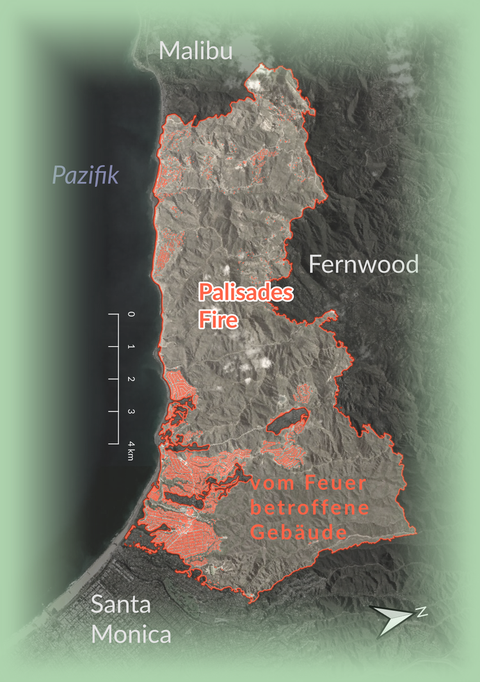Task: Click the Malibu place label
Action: pyautogui.click(x=196, y=51)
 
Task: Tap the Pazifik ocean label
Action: pyautogui.click(x=86, y=174)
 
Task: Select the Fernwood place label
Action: pyautogui.click(x=363, y=264)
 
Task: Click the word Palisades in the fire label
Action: pyautogui.click(x=246, y=293)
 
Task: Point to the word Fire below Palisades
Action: pyautogui.click(x=218, y=319)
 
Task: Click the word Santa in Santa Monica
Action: pyautogui.click(x=121, y=605)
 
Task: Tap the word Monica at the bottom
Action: pyautogui.click(x=131, y=635)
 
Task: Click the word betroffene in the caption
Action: pyautogui.click(x=310, y=508)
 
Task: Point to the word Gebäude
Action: pyautogui.click(x=298, y=532)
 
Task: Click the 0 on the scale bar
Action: pyautogui.click(x=131, y=314)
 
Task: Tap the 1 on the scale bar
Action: pyautogui.click(x=131, y=346)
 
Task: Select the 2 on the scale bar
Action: pyautogui.click(x=131, y=378)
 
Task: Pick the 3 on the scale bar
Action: pyautogui.click(x=131, y=410)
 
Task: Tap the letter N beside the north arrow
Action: pyautogui.click(x=422, y=612)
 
